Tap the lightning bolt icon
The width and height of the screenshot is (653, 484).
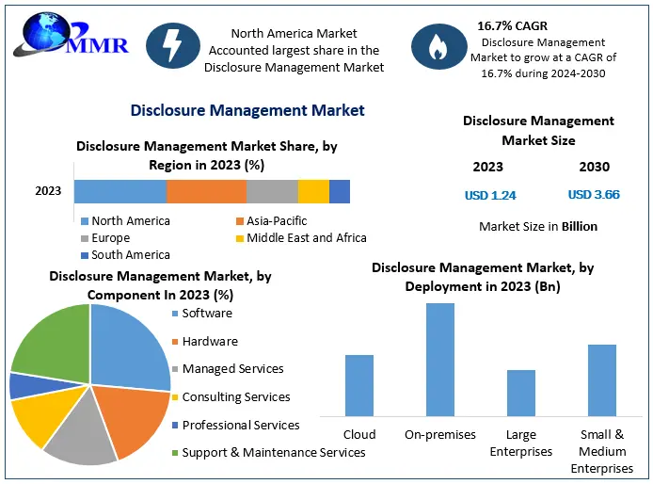tap(173, 45)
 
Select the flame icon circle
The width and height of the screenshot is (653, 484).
tap(439, 46)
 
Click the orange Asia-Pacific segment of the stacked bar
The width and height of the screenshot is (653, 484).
tap(206, 191)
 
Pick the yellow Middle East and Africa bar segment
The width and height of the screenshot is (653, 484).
tap(313, 191)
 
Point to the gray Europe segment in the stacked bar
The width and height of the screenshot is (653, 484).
tap(272, 191)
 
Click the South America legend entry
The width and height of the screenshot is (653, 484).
tap(125, 255)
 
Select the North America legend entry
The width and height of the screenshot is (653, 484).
tap(125, 220)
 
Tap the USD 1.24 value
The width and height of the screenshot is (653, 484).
tap(490, 195)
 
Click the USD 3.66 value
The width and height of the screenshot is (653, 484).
tap(594, 194)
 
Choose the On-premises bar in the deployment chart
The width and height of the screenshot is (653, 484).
tap(440, 360)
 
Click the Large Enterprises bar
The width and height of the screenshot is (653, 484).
tap(521, 393)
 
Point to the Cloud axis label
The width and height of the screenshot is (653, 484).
tap(359, 434)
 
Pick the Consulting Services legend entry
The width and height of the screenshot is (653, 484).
tap(231, 396)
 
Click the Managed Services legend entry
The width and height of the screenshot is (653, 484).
tap(228, 368)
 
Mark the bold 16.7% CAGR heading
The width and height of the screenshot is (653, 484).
tap(512, 25)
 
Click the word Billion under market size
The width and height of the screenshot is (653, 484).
tap(580, 226)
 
